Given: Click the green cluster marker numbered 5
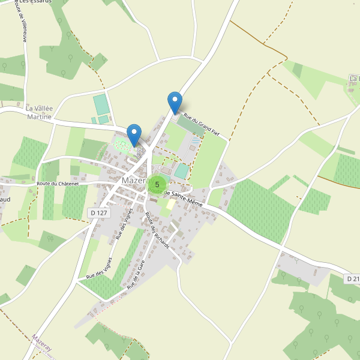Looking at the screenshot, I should (157, 184).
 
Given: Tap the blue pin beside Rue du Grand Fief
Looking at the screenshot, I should (175, 103).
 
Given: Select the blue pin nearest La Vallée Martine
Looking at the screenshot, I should (134, 135).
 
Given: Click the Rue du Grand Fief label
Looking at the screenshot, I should (201, 125).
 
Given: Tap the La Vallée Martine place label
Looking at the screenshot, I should (40, 112).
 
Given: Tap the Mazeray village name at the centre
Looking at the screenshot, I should (133, 180).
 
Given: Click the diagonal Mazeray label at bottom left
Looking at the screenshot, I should (43, 343).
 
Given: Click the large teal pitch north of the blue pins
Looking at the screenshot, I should (101, 105).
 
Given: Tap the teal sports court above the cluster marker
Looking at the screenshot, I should (181, 171).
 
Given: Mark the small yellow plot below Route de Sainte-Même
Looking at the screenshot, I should (171, 205).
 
